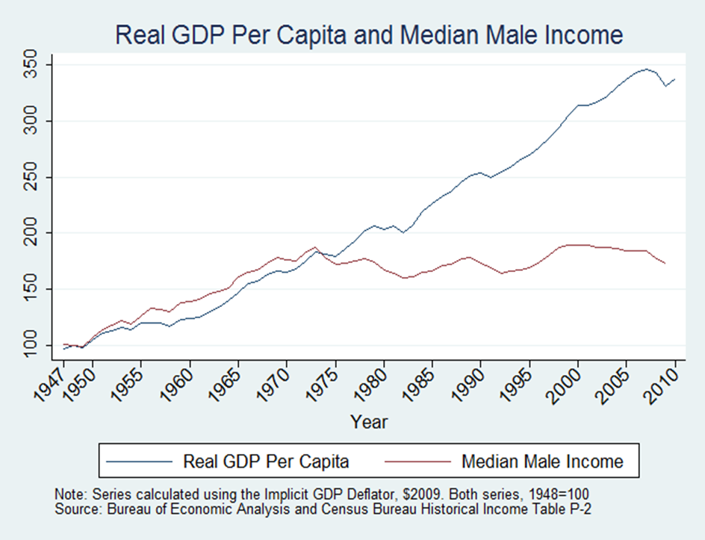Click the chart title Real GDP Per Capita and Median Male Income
pos(369,35)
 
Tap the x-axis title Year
pos(369,422)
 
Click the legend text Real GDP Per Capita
pos(266,462)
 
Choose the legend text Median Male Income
pos(542,462)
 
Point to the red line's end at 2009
pos(665,264)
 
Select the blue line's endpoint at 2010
pos(675,79)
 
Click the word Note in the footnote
pos(68,494)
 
